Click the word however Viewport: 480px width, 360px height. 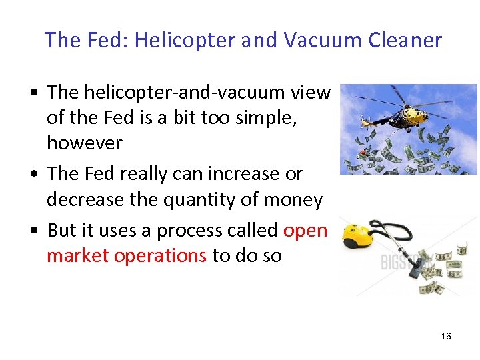(85, 143)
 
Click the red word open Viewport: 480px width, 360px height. (305, 230)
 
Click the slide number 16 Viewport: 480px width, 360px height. (446, 336)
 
